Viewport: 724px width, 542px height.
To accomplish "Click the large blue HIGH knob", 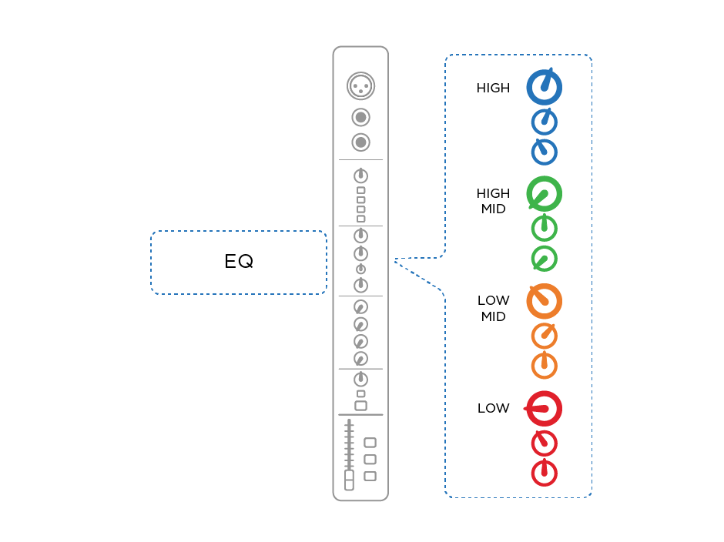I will tap(544, 88).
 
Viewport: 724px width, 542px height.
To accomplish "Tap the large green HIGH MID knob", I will tap(544, 194).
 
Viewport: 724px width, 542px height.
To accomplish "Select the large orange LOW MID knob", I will tap(544, 301).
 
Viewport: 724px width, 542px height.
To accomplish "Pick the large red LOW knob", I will tap(544, 409).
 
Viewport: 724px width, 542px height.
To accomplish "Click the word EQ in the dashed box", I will tap(239, 262).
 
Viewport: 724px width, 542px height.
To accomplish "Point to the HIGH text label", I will tap(493, 88).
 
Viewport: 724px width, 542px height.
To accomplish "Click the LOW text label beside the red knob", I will tap(493, 408).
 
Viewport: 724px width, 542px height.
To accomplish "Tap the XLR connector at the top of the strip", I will tap(360, 85).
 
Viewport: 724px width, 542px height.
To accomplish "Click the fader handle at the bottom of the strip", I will tap(349, 480).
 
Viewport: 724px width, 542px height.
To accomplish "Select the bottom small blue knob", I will tap(544, 152).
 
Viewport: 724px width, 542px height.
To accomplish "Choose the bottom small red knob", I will tap(544, 473).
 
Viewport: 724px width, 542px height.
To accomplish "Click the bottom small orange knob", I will tap(544, 366).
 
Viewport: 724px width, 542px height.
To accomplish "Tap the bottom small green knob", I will tap(544, 259).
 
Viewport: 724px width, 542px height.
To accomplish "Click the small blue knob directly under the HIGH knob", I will tap(544, 122).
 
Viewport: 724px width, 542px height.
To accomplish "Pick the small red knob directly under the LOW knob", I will tap(544, 443).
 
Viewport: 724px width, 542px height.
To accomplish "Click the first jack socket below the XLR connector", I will tap(360, 118).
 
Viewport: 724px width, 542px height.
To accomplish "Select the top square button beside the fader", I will tap(370, 443).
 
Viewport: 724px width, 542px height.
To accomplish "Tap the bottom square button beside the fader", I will tap(370, 476).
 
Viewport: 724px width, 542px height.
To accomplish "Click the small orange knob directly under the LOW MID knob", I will tap(544, 336).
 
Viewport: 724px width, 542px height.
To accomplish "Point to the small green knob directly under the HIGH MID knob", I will tap(544, 229).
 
